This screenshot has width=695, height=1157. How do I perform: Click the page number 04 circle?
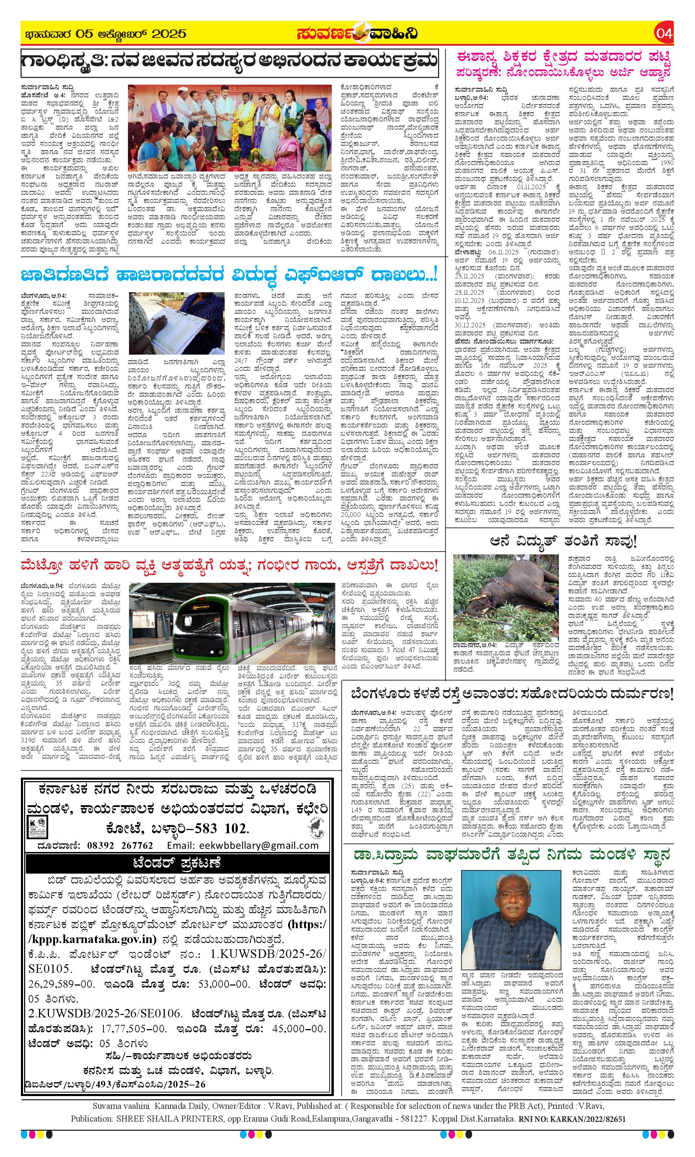pos(665,34)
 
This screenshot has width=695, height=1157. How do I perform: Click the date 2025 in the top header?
pos(169,34)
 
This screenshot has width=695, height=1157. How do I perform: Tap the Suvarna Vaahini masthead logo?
pos(357,34)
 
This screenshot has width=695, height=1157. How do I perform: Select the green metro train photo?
pos(232,622)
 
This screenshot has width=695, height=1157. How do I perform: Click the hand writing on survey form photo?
pos(176,323)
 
